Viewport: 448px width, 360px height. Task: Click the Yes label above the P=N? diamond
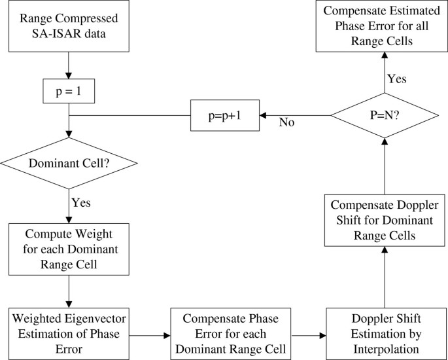click(x=396, y=79)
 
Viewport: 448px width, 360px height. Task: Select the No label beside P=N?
click(x=286, y=122)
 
